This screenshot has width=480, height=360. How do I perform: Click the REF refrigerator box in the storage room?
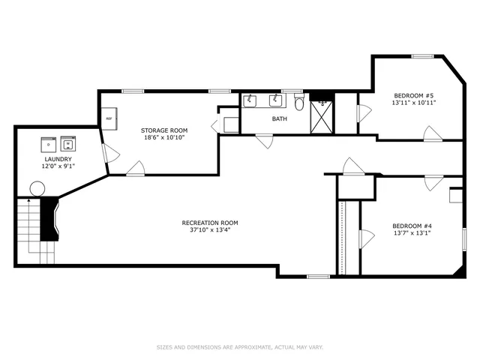[109, 118]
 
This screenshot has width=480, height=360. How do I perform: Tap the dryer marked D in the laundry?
[49, 143]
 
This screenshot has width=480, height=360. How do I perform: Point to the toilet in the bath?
[299, 104]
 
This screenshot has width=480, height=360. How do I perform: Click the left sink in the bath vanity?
[251, 101]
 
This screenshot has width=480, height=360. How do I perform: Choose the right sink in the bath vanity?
[275, 101]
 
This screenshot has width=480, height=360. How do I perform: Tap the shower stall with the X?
[322, 115]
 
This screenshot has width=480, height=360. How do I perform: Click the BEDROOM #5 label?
[413, 95]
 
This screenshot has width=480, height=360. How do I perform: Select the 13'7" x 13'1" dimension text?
[411, 232]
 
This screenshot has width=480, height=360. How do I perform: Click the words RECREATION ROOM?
[210, 223]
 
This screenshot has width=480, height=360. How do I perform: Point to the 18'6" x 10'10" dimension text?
[164, 137]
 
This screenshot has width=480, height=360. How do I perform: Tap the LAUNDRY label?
[58, 159]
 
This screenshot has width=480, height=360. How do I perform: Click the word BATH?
[279, 118]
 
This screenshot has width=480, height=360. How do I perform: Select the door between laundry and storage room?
[110, 155]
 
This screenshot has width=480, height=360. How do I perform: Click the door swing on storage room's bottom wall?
[136, 169]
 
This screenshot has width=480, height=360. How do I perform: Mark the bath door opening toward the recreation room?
[263, 141]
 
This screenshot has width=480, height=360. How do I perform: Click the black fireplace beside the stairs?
[49, 219]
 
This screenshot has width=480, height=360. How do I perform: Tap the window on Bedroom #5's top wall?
[422, 56]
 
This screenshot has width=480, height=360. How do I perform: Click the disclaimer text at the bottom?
[240, 347]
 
